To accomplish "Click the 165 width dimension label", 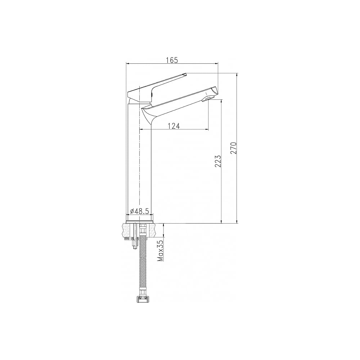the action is tap(172, 60).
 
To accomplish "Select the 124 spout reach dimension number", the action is tap(174, 126).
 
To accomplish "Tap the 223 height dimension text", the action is tap(218, 161).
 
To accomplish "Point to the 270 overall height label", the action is tap(234, 148).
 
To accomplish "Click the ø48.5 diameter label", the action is tap(140, 211).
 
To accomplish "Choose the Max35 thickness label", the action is tap(161, 251).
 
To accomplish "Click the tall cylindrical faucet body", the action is tap(140, 161).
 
